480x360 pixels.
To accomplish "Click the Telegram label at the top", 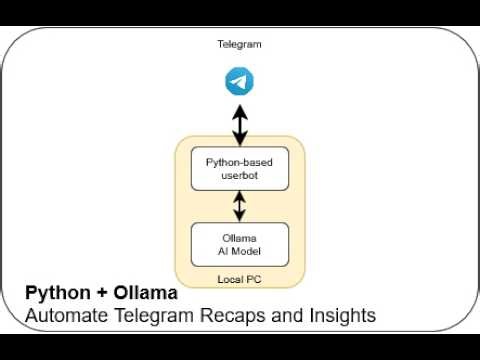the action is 239,44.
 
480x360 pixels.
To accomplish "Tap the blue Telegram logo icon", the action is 239,81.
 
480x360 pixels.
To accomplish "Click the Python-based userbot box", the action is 239,168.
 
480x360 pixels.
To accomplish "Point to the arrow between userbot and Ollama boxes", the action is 239,206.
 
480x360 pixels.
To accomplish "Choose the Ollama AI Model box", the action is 239,243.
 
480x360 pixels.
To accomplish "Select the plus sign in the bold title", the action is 98,294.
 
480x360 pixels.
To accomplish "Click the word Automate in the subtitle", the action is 64,316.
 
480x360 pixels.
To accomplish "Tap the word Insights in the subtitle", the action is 339,316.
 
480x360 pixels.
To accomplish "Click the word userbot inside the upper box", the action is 239,175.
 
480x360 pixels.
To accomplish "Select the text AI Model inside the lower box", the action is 239,250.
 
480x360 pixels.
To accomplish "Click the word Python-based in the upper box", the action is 239,161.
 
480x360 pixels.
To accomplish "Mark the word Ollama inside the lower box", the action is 239,237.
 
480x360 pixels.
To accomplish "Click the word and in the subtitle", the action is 284,316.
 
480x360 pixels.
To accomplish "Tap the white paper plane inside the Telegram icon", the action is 238,81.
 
